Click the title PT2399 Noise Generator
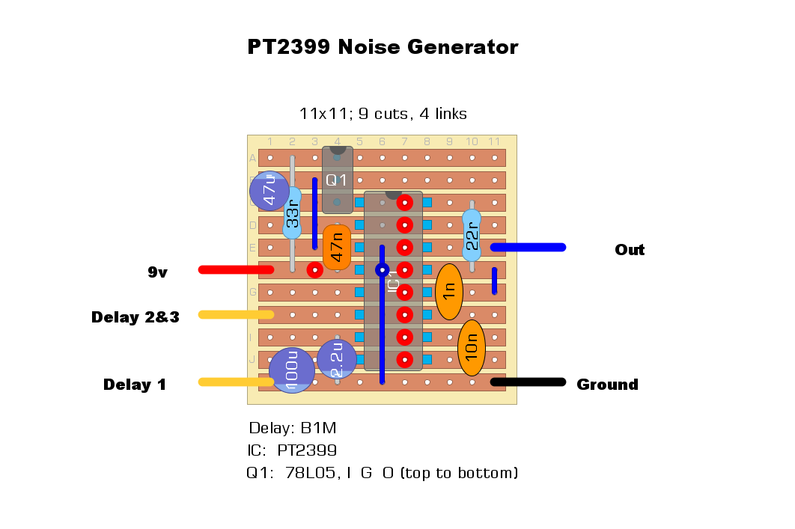coord(383,47)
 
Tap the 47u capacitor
coord(269,190)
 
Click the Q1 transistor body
coord(337,180)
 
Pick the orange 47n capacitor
coord(337,247)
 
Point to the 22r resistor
coord(472,235)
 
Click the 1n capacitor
coord(449,292)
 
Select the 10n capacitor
coord(472,348)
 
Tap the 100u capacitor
coord(291,371)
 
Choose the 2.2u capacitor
coord(337,359)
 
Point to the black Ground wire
coord(528,382)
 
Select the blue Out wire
coord(528,247)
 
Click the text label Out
coord(630,250)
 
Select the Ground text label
coord(607,385)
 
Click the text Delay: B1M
coord(293,429)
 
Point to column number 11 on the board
coord(494,141)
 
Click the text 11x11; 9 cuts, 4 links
coord(383,114)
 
